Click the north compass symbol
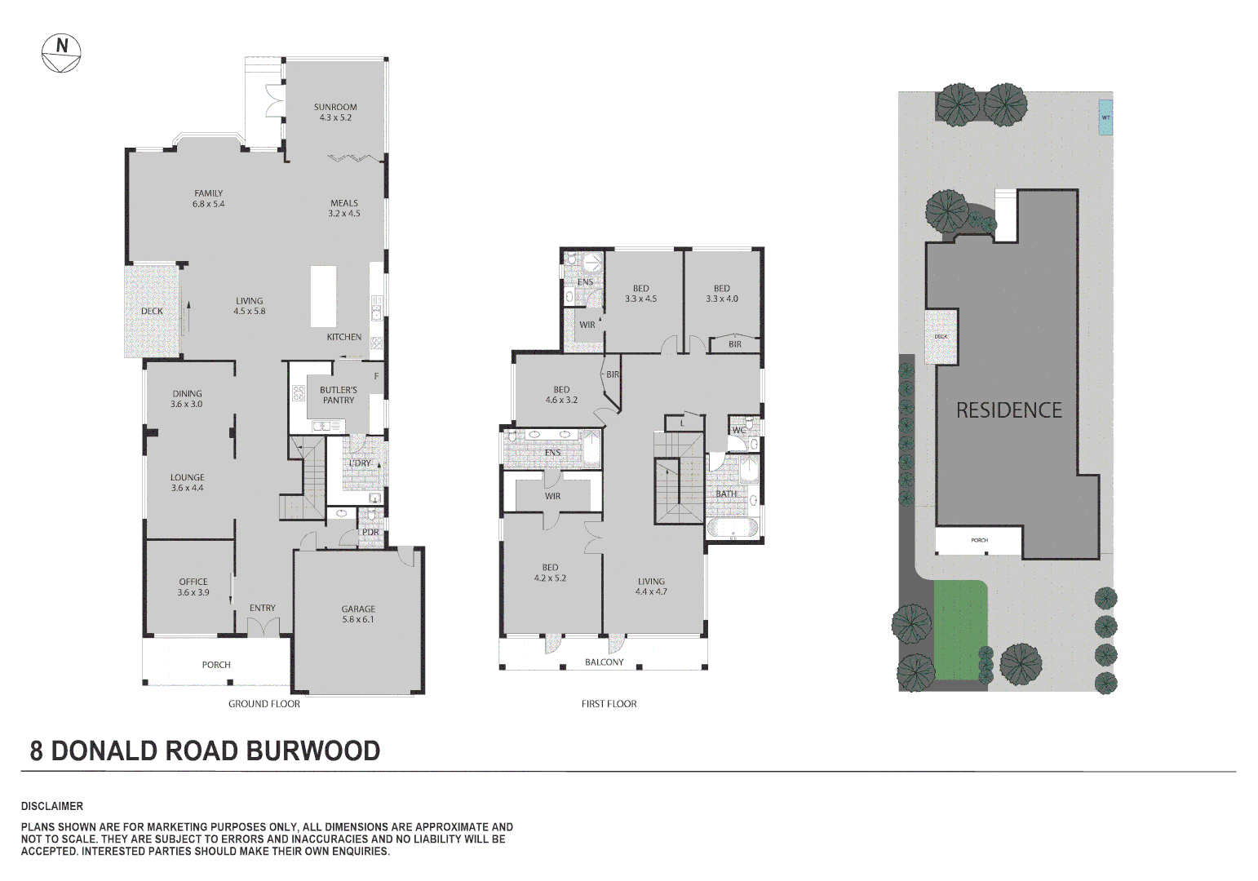coord(61,53)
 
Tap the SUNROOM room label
coord(335,108)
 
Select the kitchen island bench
coord(323,296)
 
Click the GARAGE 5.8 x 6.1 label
coord(358,614)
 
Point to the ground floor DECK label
coord(152,312)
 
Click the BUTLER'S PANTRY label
coord(339,396)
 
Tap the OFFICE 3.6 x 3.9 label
coord(193,587)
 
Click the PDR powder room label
coord(370,533)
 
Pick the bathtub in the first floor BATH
coord(732,528)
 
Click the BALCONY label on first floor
coord(604,662)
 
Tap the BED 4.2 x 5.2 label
coord(550,573)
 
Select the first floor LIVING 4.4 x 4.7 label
coord(651,587)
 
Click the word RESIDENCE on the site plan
coord(1008,410)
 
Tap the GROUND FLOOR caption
coord(264,704)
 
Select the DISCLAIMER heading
coord(52,806)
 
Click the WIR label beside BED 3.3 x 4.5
coord(587,325)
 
